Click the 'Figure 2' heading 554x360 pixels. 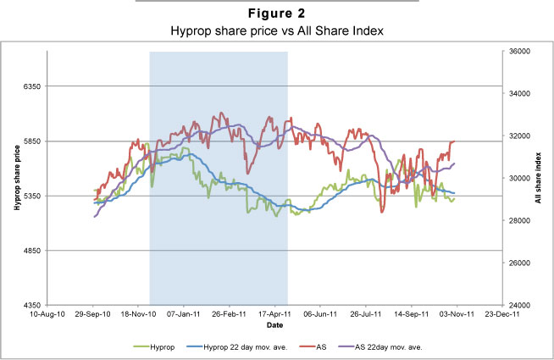276,15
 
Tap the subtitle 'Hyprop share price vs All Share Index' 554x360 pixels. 276,30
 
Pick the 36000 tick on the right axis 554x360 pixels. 518,52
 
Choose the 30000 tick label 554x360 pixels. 518,178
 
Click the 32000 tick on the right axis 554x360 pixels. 518,136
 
